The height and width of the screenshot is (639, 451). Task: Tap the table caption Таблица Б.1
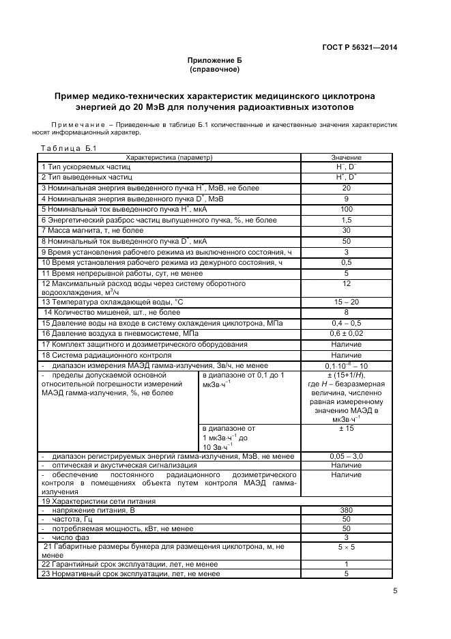70,148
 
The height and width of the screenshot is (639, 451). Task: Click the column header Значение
346,158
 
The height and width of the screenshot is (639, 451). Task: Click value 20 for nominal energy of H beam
346,188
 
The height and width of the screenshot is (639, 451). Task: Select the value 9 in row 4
346,198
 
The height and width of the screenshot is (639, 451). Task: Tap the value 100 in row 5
346,209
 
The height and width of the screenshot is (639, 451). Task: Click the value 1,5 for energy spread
346,220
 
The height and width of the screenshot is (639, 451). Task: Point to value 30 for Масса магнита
346,230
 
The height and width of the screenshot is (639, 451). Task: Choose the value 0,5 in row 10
346,262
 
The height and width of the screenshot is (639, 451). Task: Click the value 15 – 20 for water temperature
346,302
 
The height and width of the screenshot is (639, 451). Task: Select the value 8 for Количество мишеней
346,312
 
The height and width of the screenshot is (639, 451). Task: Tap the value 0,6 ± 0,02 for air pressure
346,333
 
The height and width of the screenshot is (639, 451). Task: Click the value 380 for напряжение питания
346,510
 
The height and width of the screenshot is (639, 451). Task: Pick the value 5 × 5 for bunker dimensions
346,547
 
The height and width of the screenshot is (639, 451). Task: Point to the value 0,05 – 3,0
346,455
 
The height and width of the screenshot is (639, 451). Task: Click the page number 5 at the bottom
396,592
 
